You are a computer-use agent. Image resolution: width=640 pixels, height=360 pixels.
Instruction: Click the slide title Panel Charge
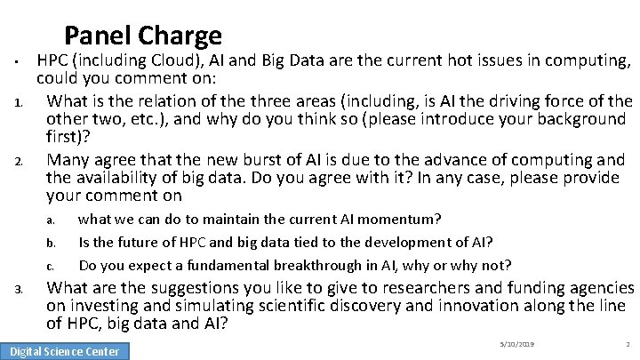tap(142, 36)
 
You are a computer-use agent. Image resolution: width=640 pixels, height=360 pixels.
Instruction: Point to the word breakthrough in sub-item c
tap(314, 265)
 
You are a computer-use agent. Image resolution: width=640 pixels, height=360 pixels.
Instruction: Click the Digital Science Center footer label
tap(65, 351)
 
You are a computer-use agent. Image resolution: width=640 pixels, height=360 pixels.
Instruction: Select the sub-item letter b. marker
tap(52, 243)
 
